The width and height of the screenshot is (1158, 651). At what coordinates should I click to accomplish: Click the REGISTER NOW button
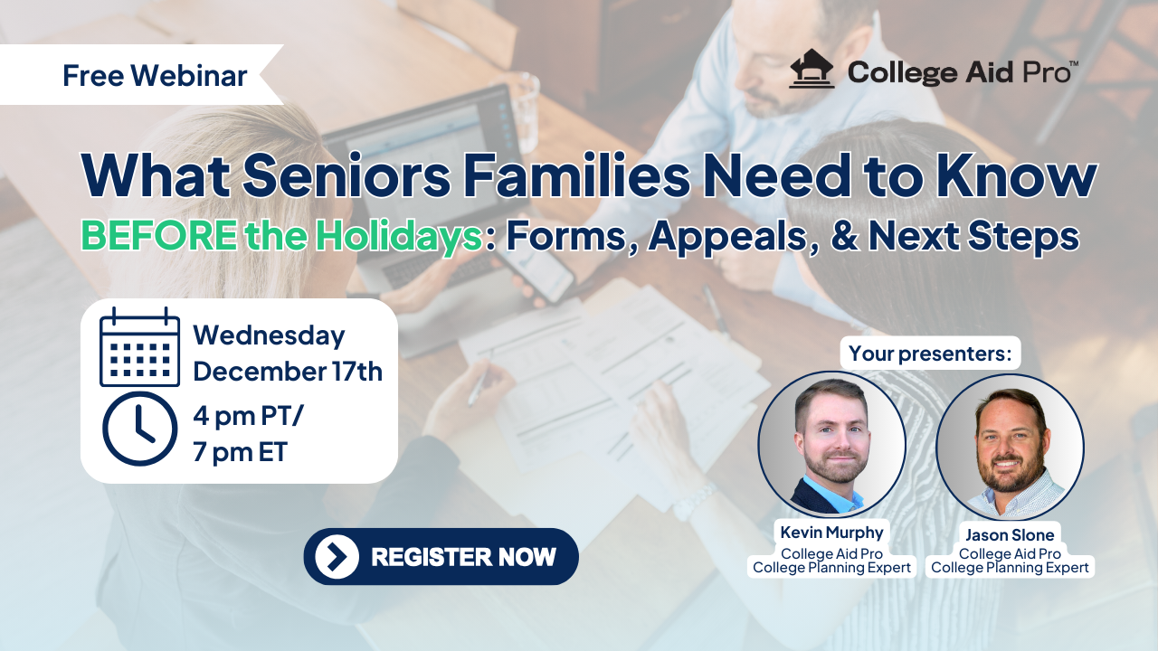pos(441,556)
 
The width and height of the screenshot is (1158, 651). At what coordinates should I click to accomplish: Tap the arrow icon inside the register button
pos(337,556)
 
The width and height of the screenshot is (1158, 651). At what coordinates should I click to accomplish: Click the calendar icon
pos(139,346)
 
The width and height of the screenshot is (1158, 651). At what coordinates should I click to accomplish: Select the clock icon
pos(139,429)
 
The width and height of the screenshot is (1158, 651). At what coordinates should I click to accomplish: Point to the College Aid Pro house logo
pos(812,69)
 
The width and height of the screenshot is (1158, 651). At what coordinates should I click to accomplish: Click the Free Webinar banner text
pos(155,75)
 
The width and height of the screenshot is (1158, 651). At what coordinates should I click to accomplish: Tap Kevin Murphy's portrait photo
pos(831,444)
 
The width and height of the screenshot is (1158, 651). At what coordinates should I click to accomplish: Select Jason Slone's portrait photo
pos(1011,447)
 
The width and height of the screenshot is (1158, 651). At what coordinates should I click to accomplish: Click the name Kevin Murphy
pos(831,533)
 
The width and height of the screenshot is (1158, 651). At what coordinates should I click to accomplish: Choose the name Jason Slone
pos(1010,534)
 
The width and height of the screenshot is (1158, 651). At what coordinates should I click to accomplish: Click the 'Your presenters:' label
pos(930,354)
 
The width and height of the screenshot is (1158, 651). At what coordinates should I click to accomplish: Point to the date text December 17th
pos(288,372)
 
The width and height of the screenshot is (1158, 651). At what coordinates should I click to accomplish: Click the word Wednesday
pos(269,335)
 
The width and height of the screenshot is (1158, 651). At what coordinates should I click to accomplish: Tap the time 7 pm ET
pos(240,452)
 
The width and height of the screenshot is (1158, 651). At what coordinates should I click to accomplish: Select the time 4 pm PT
pos(248,416)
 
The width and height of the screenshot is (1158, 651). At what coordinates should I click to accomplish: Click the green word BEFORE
pos(158,236)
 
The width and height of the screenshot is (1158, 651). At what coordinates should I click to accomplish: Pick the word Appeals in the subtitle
pos(734,237)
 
